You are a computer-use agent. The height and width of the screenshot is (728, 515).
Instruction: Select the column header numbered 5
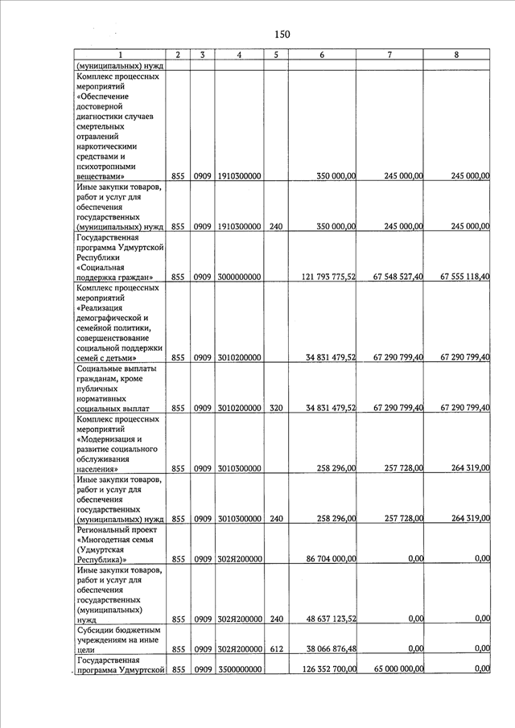point(275,55)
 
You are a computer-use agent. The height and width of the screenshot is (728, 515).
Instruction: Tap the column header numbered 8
point(456,55)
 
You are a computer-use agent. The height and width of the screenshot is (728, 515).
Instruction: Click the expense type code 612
point(276,649)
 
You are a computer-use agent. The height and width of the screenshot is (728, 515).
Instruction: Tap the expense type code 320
point(276,409)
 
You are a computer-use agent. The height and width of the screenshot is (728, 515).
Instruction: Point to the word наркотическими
point(107,147)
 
